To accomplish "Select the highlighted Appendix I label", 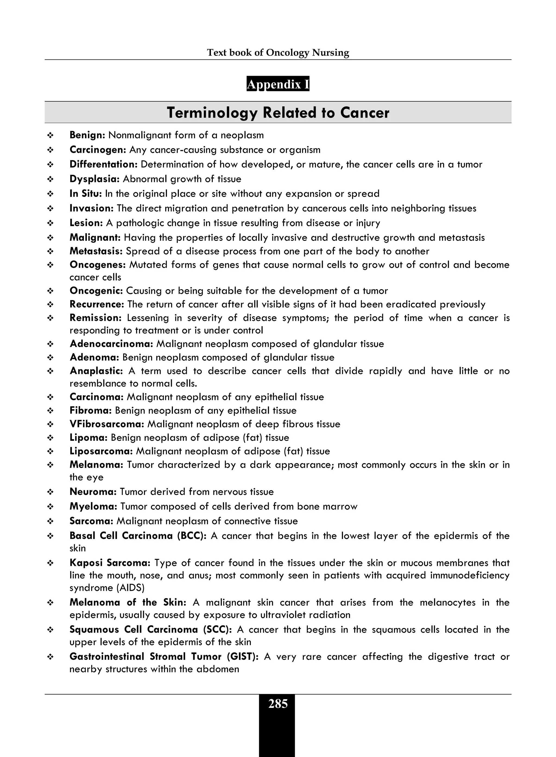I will point(278,84).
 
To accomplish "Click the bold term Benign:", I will point(87,135).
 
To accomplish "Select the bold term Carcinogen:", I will point(98,150).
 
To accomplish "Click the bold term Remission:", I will point(95,318).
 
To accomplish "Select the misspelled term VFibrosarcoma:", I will point(107,424).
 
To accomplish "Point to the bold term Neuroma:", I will point(93,492).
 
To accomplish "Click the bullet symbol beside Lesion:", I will point(50,223).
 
